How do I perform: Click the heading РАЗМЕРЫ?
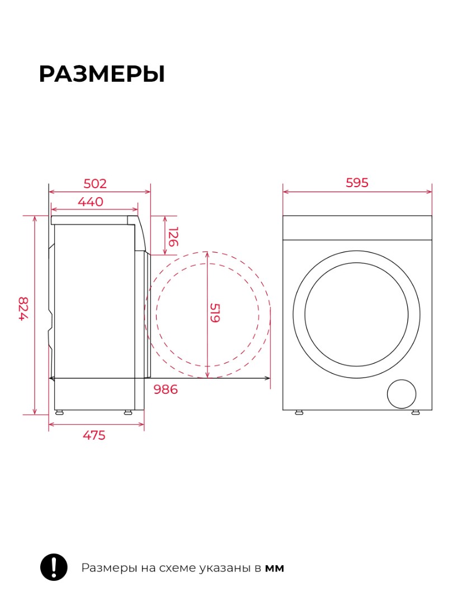[x=102, y=74]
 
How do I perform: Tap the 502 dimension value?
[x=95, y=184]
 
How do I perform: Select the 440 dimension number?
[x=91, y=202]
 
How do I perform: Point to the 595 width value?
[x=357, y=183]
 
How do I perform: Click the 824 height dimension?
[x=23, y=308]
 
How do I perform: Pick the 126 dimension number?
[x=173, y=237]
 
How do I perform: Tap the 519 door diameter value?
[x=215, y=313]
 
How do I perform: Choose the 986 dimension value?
[x=166, y=389]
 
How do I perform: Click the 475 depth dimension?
[x=94, y=435]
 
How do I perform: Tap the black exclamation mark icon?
[x=54, y=567]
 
